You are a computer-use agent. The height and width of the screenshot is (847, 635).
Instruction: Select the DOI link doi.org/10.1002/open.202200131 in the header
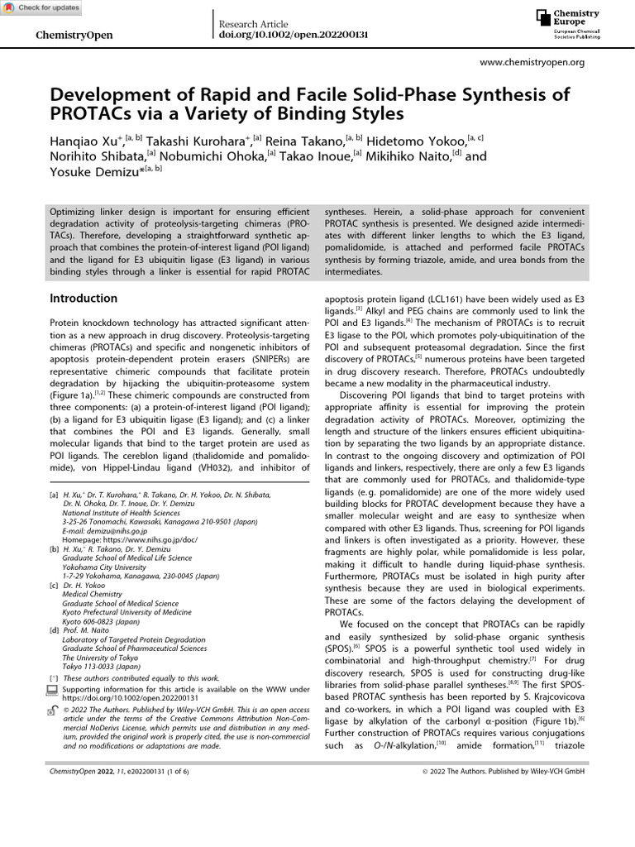tap(293, 36)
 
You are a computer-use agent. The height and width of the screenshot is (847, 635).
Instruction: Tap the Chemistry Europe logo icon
tap(542, 18)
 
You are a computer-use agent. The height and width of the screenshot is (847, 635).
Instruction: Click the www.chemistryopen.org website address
tap(532, 62)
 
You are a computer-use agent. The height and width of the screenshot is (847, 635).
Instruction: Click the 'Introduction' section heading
tap(84, 298)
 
